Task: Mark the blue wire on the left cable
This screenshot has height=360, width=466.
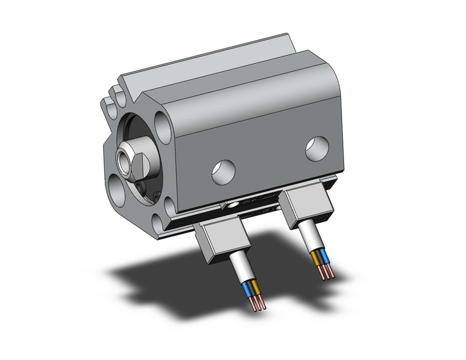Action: coord(248,288)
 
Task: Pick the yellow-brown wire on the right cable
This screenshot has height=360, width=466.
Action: coord(316,258)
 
